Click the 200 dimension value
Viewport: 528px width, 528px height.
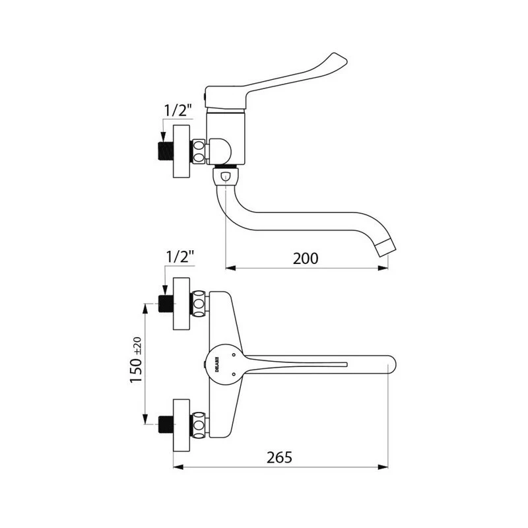pos(306,259)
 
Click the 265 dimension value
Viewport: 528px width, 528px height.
pos(279,457)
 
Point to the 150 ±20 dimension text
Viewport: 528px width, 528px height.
pos(136,360)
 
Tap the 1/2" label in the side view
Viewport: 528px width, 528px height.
pos(178,110)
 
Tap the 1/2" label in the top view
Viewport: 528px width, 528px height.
pos(180,257)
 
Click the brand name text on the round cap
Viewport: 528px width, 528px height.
pos(217,364)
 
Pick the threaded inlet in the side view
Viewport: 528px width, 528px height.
pos(166,151)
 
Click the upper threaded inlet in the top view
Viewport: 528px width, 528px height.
pos(166,304)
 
